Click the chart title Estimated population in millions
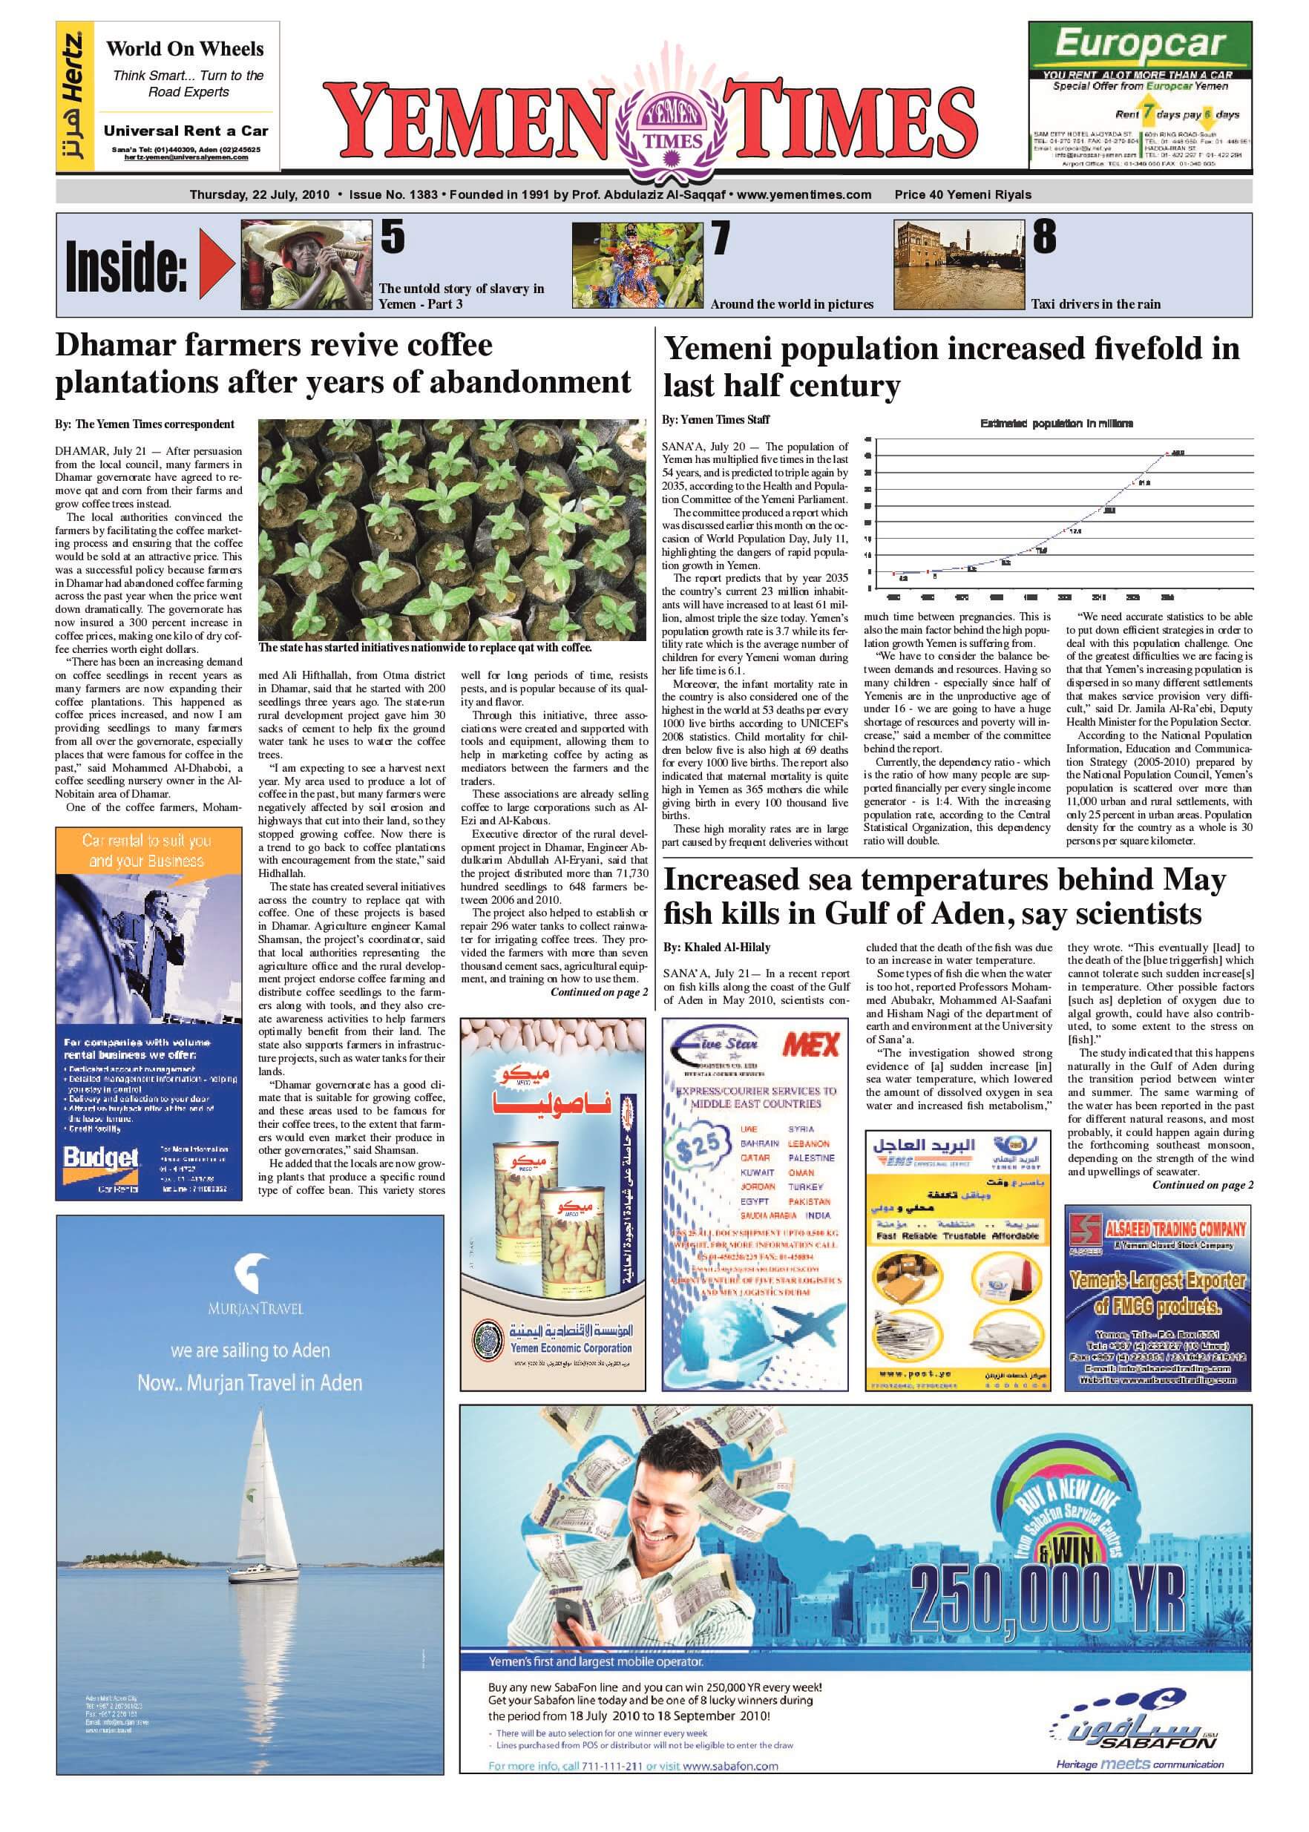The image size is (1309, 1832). coord(1056,424)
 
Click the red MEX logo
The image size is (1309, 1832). coord(810,1045)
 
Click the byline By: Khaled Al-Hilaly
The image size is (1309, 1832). coord(717,947)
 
